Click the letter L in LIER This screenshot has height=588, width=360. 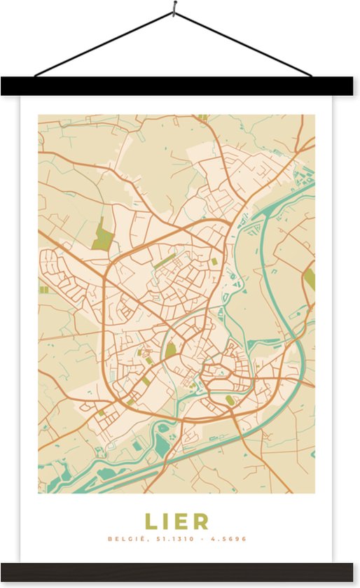151,521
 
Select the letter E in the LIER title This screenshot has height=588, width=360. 182,521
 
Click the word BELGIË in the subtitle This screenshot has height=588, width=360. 122,539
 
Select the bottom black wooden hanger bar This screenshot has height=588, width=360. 179,571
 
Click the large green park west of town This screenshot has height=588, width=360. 102,235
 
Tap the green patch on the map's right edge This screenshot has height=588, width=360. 310,279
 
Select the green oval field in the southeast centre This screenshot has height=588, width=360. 229,400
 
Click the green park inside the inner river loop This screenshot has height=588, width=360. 170,349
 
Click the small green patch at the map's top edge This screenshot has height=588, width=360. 202,117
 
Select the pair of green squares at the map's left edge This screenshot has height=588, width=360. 43,289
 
